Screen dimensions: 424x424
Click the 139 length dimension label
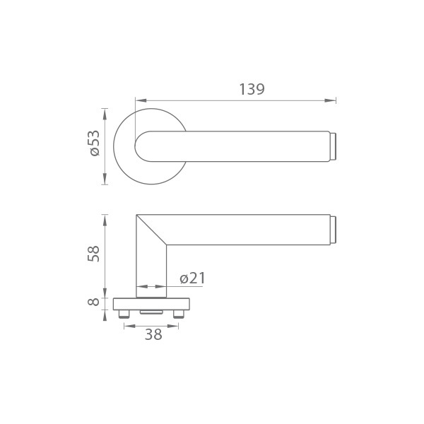click(x=252, y=89)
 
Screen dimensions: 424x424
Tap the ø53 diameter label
click(x=95, y=143)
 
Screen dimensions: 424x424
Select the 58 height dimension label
click(x=93, y=254)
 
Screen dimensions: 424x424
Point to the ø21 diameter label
click(x=192, y=278)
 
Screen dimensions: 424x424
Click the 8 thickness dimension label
click(x=93, y=302)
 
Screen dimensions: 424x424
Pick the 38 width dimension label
click(x=153, y=334)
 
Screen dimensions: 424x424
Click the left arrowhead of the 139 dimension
click(x=141, y=100)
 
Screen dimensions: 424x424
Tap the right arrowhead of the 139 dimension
click(x=330, y=100)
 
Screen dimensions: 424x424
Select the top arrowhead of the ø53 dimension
click(x=105, y=114)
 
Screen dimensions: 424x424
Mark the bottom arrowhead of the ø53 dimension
click(x=105, y=179)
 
